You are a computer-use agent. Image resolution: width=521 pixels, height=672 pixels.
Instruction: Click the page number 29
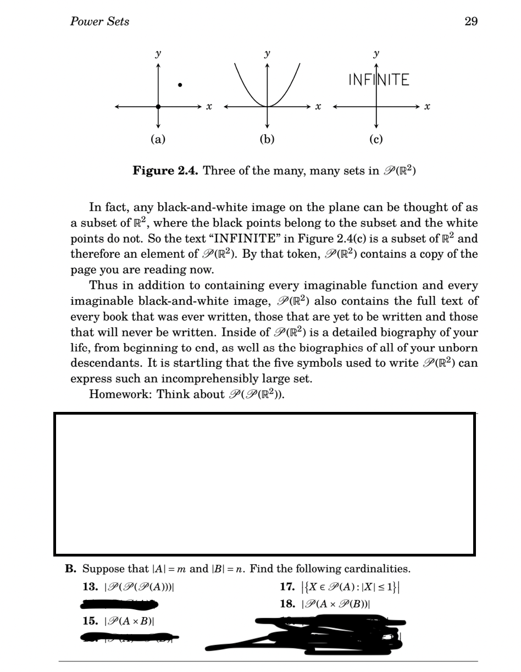(470, 21)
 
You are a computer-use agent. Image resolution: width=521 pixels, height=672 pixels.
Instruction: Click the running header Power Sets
(99, 21)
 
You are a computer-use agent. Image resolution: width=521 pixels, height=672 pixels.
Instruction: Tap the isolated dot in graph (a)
(180, 85)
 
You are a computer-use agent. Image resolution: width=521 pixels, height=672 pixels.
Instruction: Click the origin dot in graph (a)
(158, 107)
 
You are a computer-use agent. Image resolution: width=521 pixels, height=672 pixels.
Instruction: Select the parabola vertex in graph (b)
(267, 106)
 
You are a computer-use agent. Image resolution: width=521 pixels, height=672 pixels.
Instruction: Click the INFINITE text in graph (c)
(379, 80)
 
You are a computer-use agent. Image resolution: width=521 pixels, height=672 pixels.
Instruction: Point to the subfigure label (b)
(267, 139)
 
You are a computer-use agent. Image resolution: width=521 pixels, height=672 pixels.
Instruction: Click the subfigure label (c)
(376, 139)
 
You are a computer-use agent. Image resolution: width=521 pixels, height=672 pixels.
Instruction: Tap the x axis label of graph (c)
(427, 107)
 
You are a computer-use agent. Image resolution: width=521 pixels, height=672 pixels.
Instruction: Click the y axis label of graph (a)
(158, 54)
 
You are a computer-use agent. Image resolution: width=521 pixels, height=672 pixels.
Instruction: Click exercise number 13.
(90, 587)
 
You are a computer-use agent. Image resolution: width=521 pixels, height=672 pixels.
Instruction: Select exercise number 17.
(288, 587)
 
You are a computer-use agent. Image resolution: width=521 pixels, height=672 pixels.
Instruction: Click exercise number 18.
(288, 604)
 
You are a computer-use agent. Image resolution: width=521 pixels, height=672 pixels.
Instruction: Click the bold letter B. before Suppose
(70, 569)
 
